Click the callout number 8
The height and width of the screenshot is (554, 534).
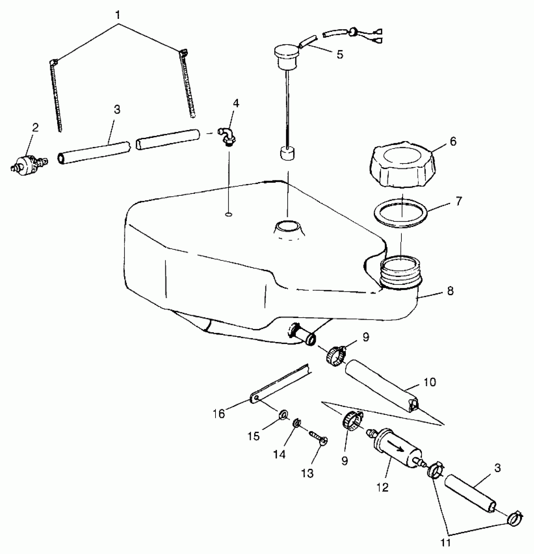[450, 291]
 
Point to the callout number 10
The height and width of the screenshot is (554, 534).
[429, 382]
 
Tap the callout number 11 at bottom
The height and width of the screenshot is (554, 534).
[446, 542]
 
